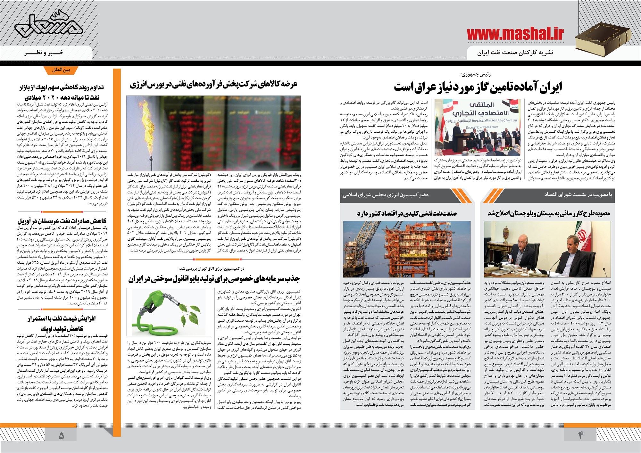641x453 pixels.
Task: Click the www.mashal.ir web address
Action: point(515,34)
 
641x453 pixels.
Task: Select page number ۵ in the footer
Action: point(61,435)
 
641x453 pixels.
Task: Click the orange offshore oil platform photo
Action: point(406,249)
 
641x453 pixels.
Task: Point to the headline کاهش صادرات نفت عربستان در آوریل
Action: point(62,221)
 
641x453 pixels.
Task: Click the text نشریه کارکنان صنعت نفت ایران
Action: point(515,53)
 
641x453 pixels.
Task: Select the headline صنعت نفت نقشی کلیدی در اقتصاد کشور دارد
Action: point(407,213)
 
